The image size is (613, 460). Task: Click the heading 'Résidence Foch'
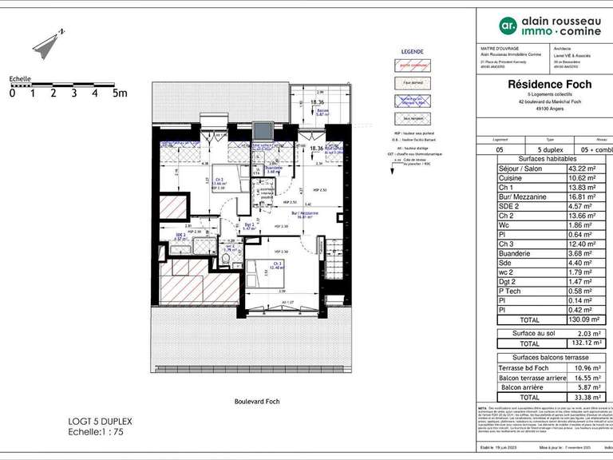pyautogui.click(x=544, y=82)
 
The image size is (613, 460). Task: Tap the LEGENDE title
pyautogui.click(x=412, y=50)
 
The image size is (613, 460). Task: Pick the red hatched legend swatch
pyautogui.click(x=412, y=65)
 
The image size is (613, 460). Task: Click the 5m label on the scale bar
pyautogui.click(x=120, y=93)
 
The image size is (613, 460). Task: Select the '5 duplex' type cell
pyautogui.click(x=549, y=149)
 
